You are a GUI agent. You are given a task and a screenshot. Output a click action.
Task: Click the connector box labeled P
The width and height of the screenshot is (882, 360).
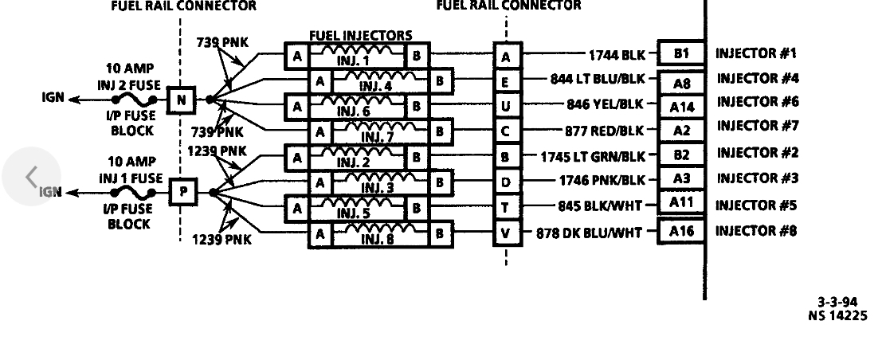[x=182, y=192]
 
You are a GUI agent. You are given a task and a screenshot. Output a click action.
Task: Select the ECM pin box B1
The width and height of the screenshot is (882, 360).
[x=680, y=53]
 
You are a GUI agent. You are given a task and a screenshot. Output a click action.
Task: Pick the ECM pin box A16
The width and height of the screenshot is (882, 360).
[x=680, y=232]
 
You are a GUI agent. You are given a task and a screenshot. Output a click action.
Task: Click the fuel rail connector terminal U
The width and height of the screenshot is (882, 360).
[x=506, y=106]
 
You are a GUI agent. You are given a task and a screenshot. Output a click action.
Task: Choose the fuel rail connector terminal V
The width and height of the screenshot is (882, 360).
[x=506, y=234]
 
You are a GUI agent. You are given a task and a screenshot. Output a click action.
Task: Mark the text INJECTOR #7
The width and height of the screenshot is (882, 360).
[x=756, y=126]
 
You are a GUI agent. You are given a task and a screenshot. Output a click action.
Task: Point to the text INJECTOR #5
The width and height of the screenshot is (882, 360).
[x=756, y=205]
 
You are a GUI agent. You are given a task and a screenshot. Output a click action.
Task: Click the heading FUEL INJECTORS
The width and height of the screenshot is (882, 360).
[x=361, y=36]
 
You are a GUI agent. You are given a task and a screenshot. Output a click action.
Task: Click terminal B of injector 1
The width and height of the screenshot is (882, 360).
[x=416, y=56]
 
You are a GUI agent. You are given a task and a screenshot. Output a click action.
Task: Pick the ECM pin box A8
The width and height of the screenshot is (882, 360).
[x=680, y=83]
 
